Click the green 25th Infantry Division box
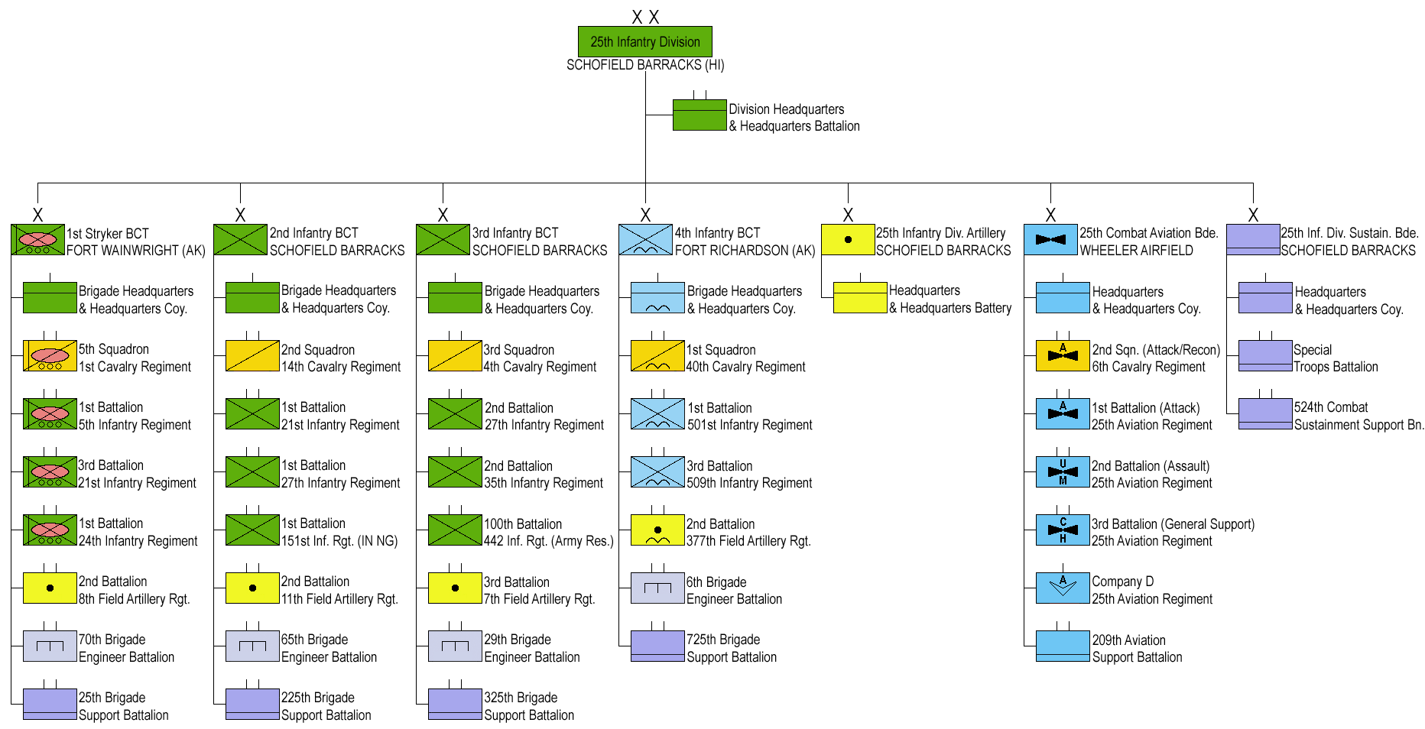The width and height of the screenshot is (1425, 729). tap(644, 41)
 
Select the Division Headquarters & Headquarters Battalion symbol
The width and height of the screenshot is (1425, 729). tap(700, 115)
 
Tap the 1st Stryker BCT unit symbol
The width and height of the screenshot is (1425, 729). tap(37, 239)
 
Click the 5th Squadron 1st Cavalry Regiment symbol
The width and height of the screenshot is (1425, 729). tap(50, 355)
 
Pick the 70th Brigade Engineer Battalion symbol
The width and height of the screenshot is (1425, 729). tap(50, 646)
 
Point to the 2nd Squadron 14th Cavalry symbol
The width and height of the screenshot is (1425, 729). tap(252, 355)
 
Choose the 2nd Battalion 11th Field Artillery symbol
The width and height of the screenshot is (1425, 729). tap(252, 588)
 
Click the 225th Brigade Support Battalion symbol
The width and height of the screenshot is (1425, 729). tap(252, 704)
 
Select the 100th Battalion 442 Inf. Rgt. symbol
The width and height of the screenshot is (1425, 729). tap(455, 530)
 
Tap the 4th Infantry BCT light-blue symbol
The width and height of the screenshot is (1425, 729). tap(645, 239)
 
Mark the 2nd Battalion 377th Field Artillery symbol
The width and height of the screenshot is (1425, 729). tap(657, 530)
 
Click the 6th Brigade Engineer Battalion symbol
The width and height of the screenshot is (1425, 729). tap(657, 588)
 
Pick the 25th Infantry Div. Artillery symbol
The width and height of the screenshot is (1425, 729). tap(848, 239)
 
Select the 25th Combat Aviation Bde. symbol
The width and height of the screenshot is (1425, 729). tap(1050, 239)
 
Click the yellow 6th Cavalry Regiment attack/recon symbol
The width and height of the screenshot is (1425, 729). tap(1063, 355)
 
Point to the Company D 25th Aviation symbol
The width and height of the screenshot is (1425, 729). tap(1063, 588)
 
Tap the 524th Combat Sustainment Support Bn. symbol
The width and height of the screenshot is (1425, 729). tap(1265, 413)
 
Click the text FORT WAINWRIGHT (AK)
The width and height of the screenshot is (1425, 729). tap(136, 251)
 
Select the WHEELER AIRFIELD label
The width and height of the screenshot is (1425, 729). tap(1136, 251)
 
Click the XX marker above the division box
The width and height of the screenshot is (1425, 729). tap(645, 17)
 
